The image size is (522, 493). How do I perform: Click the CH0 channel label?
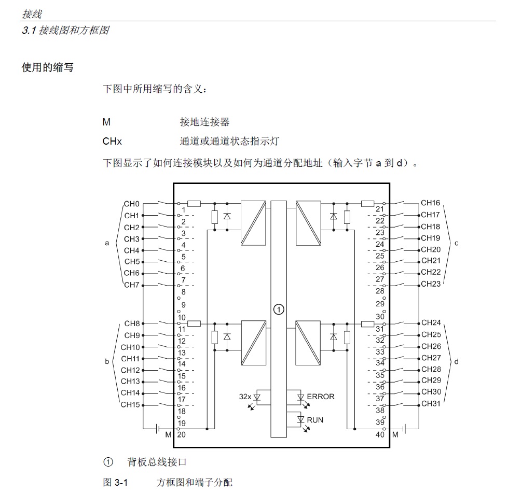tap(131, 204)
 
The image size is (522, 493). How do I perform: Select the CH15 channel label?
tap(130, 404)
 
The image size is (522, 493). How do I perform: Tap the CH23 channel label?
tap(431, 284)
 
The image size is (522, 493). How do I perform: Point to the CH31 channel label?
tap(431, 403)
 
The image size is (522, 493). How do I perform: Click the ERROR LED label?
tap(321, 397)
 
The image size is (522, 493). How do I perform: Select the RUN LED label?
tap(315, 420)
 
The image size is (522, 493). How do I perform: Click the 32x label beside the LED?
tap(245, 397)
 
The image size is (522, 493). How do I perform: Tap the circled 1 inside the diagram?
tap(279, 309)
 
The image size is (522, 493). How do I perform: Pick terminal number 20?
tap(182, 434)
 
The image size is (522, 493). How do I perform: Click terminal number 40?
tap(380, 434)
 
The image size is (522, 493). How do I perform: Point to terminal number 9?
tap(184, 305)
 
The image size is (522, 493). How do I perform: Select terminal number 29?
tap(380, 304)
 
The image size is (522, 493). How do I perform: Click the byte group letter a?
tap(107, 243)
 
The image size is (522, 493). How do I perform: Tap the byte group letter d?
tap(457, 361)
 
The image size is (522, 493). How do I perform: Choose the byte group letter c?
tap(457, 243)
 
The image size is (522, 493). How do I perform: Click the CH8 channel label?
tap(132, 323)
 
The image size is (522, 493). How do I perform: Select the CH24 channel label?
tap(431, 322)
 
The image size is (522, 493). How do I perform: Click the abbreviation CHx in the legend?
tap(112, 142)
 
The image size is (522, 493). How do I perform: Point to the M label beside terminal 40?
tap(395, 435)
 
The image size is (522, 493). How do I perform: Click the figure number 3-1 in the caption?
tap(121, 482)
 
